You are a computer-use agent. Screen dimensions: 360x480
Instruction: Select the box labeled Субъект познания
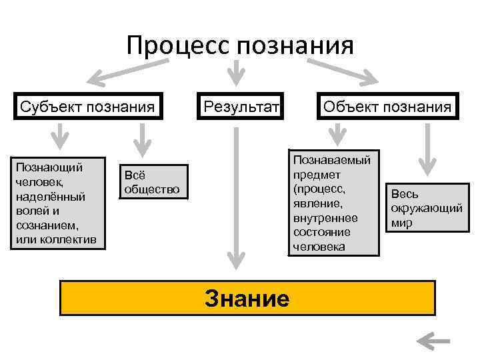(87, 107)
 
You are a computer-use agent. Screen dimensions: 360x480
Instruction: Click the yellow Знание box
(247, 297)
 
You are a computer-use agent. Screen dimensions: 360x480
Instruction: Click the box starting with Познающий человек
(58, 202)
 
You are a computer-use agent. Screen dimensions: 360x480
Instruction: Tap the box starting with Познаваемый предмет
(334, 202)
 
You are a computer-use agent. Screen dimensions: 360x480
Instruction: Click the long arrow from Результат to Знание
(235, 193)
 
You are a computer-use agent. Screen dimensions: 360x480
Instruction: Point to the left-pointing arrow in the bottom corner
(433, 341)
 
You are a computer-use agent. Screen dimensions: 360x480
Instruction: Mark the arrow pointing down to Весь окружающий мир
(426, 150)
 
